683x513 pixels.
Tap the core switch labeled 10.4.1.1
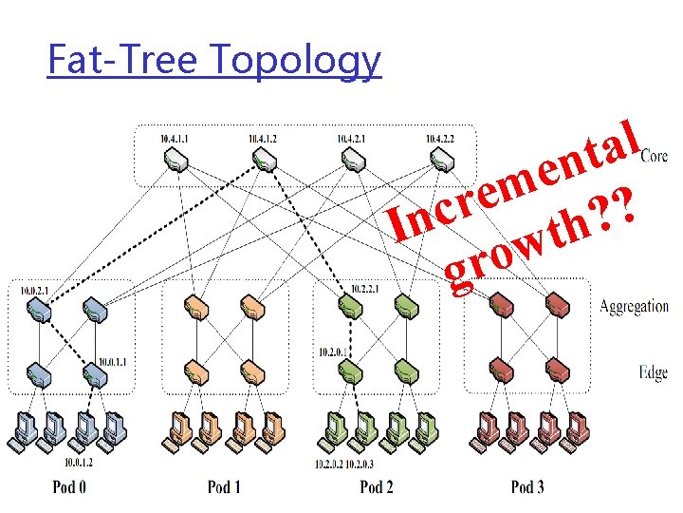coord(175,161)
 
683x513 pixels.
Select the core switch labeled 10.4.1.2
coord(263,161)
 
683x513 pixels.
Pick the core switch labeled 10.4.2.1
coord(351,161)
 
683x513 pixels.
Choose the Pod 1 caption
coord(224,487)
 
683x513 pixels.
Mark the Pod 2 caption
coord(377,487)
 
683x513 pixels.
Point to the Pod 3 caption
coord(528,487)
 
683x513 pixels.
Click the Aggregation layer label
coord(634,306)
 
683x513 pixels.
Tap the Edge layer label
coord(654,373)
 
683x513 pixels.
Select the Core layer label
coord(654,156)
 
